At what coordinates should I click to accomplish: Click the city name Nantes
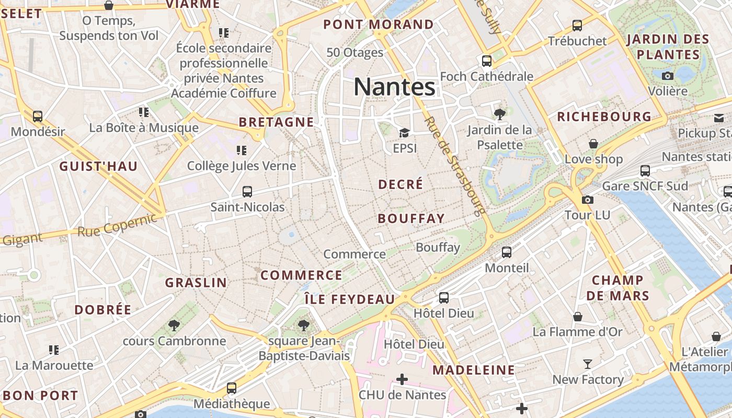click(x=394, y=86)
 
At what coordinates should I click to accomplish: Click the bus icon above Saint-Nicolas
click(x=247, y=192)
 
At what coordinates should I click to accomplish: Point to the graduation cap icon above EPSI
click(x=404, y=133)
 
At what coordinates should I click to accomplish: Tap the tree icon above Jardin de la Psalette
click(x=499, y=113)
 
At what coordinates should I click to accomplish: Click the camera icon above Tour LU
click(x=587, y=200)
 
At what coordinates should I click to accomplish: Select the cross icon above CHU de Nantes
click(x=402, y=379)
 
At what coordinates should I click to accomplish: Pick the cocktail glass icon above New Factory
click(x=588, y=364)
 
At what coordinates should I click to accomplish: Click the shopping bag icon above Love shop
click(x=593, y=143)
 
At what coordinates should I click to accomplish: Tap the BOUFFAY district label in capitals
click(x=411, y=218)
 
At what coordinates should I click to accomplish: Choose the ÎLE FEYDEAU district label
click(x=350, y=299)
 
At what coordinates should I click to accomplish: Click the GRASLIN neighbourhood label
click(x=196, y=283)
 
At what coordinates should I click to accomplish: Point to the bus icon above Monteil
click(x=506, y=252)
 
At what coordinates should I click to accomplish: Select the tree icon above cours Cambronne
click(x=174, y=326)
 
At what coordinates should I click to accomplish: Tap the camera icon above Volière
click(x=667, y=76)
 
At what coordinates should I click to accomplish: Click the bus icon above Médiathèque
click(x=231, y=388)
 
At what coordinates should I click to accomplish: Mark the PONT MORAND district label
click(x=379, y=25)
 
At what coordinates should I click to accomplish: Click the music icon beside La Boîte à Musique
click(x=144, y=112)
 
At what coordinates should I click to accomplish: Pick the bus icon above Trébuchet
click(x=577, y=25)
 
